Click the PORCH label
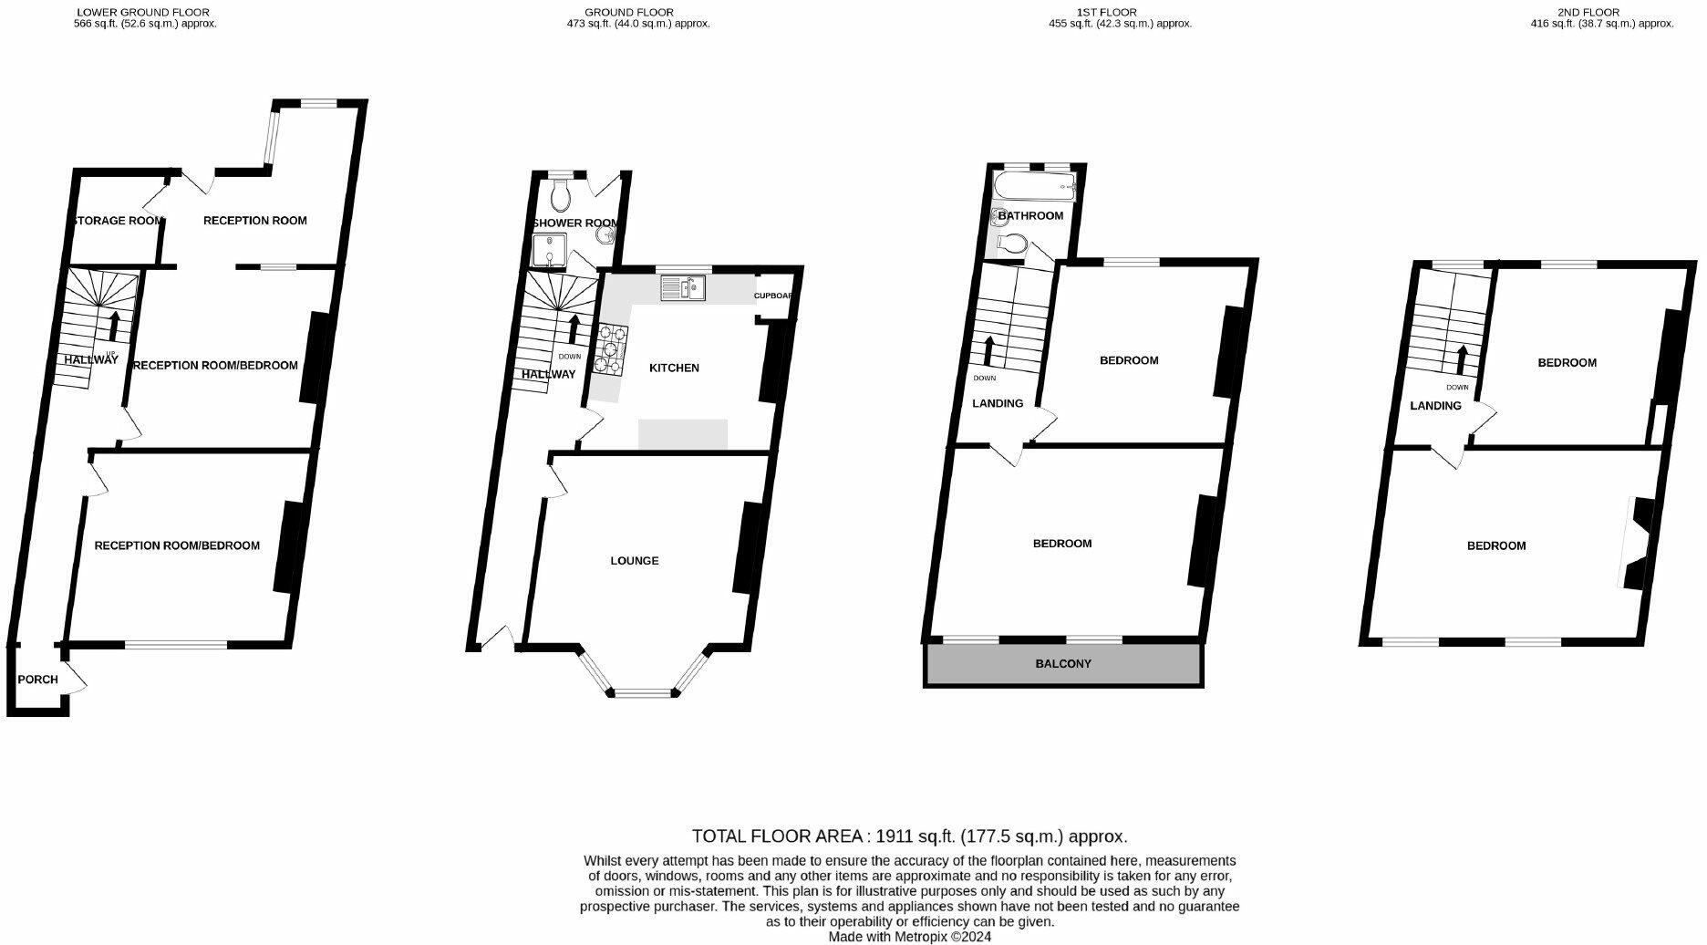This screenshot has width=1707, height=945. coord(37,680)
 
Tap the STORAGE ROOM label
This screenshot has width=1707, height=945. coord(118,221)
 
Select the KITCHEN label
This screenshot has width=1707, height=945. coord(674,368)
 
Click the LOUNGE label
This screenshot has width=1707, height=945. coord(635,561)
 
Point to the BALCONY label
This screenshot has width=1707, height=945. coord(1063,664)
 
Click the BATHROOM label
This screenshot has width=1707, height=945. coord(1030,216)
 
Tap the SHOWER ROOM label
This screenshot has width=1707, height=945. coord(575,223)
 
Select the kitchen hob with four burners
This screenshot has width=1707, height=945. coord(610,349)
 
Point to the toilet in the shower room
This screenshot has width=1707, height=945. coord(562,192)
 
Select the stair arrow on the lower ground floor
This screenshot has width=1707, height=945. coord(115,326)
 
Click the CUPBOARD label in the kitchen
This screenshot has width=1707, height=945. coord(773,296)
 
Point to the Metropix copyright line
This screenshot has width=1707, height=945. coord(909,937)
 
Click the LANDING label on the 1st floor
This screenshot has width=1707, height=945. coord(998,403)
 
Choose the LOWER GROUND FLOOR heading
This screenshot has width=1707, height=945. coord(143,13)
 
